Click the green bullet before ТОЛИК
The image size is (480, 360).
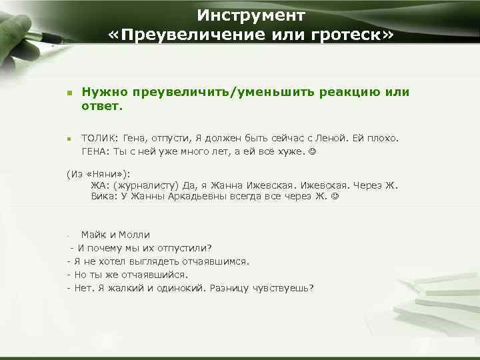(x=69, y=139)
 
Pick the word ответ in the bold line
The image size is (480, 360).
(x=100, y=107)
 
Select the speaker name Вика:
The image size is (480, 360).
(x=103, y=197)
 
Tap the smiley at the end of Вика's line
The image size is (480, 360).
(x=335, y=197)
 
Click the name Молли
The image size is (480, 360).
(x=136, y=235)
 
